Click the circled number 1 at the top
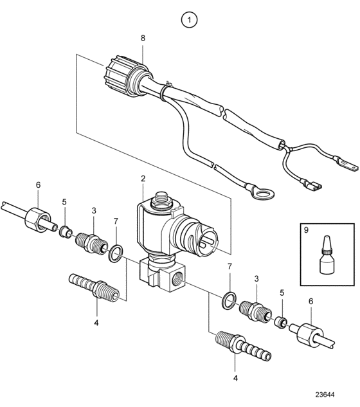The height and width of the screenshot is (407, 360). [x=189, y=20]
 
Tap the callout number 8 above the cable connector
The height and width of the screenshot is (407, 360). [x=143, y=39]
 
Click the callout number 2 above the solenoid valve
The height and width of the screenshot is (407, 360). [x=143, y=179]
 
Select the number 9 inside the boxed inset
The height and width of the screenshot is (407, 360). [x=306, y=230]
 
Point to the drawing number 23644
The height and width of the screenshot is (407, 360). [x=325, y=395]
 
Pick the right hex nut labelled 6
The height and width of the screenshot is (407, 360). [x=310, y=335]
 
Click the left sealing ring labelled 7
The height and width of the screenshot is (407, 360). [x=116, y=253]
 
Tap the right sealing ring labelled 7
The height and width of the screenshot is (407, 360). [x=229, y=300]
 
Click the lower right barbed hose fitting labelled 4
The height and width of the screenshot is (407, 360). [x=243, y=345]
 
